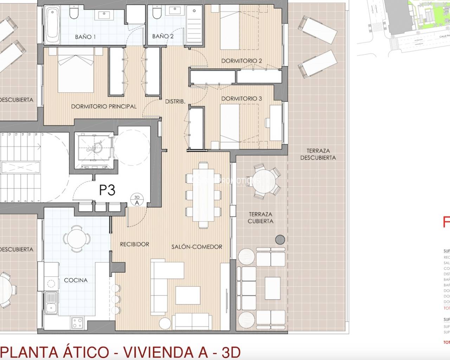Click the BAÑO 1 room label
[85, 37]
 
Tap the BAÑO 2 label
[163, 36]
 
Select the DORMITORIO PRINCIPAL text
[104, 106]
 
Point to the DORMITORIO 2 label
[242, 61]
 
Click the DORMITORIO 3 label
[242, 98]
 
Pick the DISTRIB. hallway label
[175, 101]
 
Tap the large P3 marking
[107, 190]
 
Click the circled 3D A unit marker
[137, 200]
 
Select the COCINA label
[76, 280]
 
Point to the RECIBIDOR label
[134, 244]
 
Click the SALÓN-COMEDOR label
[197, 246]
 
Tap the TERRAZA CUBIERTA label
[261, 217]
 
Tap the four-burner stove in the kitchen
[77, 322]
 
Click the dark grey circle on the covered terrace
[280, 239]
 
